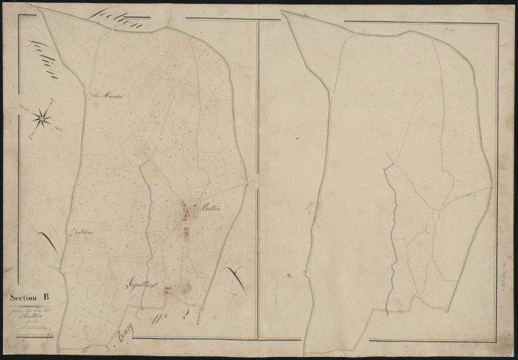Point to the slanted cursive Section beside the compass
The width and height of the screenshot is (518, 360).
click(45, 60)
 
